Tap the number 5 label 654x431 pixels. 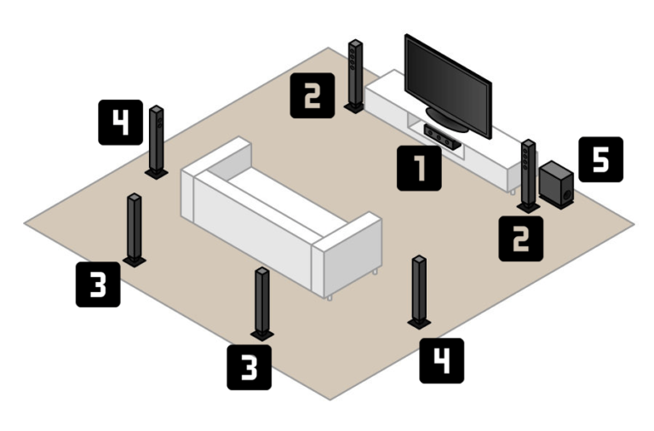click(600, 159)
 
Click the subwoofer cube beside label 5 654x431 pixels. click(556, 185)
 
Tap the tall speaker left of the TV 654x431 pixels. click(355, 75)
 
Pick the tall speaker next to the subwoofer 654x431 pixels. click(529, 175)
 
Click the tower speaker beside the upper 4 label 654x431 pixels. click(157, 141)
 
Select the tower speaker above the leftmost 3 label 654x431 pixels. click(135, 228)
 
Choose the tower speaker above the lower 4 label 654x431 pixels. click(419, 290)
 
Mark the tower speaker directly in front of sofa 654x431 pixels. click(261, 303)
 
